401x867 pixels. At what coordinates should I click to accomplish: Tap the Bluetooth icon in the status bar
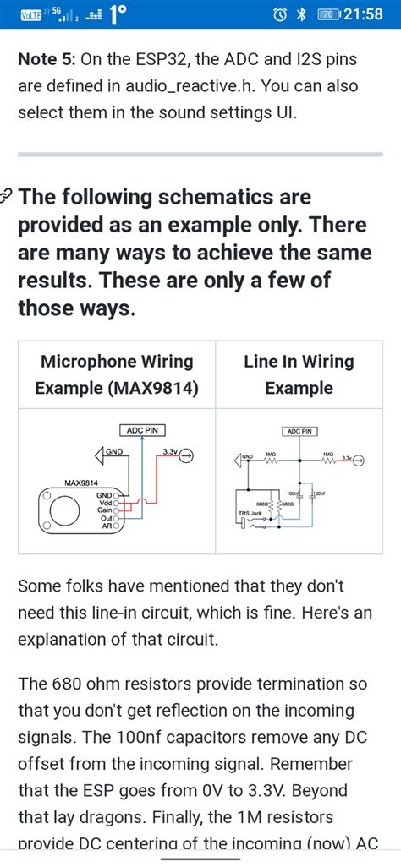[x=300, y=14]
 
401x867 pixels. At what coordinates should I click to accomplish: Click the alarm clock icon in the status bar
[x=279, y=14]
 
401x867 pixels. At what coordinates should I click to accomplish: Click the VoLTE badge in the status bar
[x=31, y=14]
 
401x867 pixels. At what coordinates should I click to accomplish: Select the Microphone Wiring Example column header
[x=117, y=374]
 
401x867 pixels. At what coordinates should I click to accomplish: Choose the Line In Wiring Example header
[x=299, y=374]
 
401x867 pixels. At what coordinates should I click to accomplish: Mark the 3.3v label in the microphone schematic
[x=168, y=452]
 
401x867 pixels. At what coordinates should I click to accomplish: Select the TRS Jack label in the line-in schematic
[x=250, y=513]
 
